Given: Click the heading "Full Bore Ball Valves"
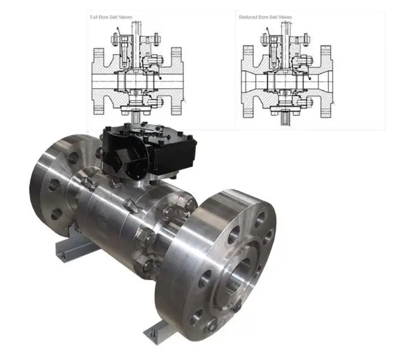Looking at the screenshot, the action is point(111,17).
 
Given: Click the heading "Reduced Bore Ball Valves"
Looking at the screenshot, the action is point(265,17).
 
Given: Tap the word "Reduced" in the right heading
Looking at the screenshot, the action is point(247,17).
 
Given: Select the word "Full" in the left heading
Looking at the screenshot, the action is point(93,17).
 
